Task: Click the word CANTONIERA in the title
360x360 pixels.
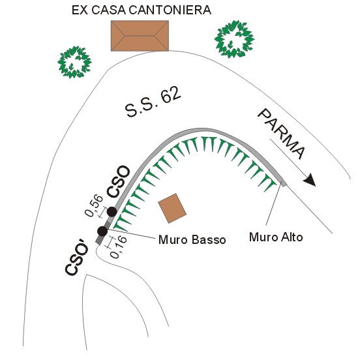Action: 170,10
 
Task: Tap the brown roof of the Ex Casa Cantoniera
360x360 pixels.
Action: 140,36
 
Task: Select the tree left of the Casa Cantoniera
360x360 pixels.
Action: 74,62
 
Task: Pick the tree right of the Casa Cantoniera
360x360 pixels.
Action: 234,39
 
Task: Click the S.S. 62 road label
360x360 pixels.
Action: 153,102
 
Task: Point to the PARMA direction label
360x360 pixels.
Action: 282,134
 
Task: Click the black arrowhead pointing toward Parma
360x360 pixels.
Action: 310,180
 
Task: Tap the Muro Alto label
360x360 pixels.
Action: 276,237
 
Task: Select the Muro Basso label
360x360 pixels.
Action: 192,240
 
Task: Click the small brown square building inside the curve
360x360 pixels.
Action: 172,208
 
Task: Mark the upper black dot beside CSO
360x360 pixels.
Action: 112,212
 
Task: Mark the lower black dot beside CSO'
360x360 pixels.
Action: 102,231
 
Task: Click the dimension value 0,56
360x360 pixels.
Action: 94,205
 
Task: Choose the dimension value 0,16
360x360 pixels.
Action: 119,247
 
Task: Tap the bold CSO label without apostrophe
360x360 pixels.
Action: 119,181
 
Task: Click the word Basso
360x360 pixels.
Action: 209,240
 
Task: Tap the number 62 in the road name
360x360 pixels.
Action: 170,95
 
